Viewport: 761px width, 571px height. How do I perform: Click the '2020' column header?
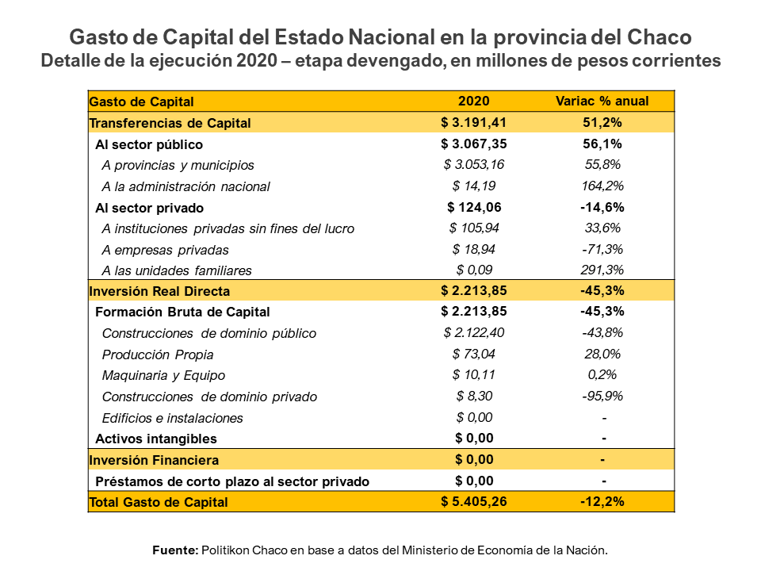point(474,101)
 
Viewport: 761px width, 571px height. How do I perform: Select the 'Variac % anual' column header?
point(602,101)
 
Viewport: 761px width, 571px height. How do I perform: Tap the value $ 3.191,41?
point(474,122)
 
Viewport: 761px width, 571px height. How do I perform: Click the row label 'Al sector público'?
point(149,144)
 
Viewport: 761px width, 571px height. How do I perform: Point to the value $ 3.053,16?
point(474,164)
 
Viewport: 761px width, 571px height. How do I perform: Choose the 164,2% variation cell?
point(602,186)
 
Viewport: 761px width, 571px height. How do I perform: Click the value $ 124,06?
point(474,207)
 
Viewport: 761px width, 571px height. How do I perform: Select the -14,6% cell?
point(602,207)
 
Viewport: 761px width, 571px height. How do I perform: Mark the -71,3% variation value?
point(602,249)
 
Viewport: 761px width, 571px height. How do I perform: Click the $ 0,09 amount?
point(474,270)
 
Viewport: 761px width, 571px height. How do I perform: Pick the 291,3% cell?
point(602,270)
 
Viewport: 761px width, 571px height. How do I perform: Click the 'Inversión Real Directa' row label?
point(159,291)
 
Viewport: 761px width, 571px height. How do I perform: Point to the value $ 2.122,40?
point(474,333)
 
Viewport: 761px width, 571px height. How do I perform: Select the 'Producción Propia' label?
point(158,354)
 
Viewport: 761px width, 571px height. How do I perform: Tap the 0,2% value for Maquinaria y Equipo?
point(602,375)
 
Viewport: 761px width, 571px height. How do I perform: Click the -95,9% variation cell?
point(602,396)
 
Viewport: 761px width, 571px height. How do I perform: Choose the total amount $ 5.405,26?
point(474,501)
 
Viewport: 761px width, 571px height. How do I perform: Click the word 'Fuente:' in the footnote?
point(175,550)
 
